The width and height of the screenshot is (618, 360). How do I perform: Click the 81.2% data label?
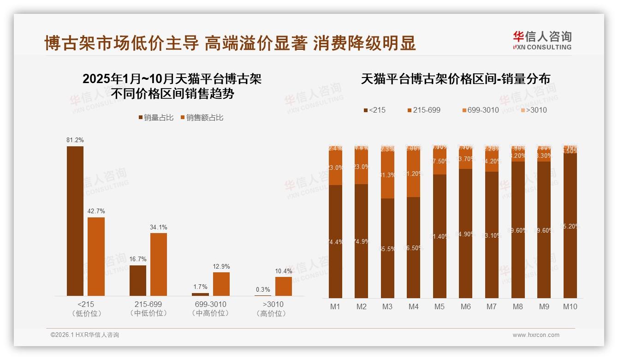[75, 140]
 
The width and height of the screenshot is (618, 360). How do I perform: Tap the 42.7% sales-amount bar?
[96, 256]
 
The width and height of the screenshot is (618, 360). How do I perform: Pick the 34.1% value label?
[159, 227]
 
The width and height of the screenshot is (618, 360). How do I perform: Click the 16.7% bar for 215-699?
[138, 280]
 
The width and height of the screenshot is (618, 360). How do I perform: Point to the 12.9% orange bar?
[221, 284]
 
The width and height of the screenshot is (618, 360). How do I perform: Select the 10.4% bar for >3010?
[284, 286]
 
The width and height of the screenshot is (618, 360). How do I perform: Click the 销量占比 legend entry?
[156, 118]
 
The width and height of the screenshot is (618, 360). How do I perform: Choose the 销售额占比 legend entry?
[202, 118]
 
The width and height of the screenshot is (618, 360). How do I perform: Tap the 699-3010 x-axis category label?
[210, 305]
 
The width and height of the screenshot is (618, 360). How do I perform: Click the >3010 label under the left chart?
[273, 305]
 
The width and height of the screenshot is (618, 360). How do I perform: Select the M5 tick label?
[440, 306]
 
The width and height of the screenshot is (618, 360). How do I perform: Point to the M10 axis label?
[570, 306]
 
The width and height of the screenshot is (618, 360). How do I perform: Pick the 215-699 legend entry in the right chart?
[424, 110]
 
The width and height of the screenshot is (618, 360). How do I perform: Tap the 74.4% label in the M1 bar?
[335, 242]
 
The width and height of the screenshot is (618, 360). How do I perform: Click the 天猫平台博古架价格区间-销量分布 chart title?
[455, 79]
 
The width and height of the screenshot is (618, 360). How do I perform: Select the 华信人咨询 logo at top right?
[542, 40]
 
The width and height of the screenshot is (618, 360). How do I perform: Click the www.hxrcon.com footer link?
[536, 335]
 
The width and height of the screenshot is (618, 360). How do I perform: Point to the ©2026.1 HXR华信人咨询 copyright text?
[85, 335]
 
